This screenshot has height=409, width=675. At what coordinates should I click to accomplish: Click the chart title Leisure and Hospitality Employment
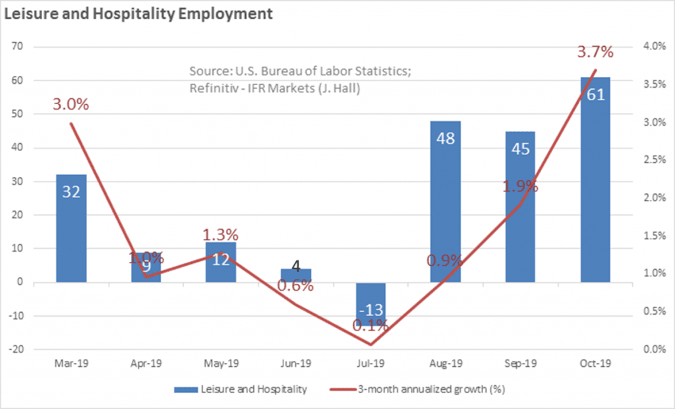click(138, 14)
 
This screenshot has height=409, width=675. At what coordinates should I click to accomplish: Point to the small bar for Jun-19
click(296, 275)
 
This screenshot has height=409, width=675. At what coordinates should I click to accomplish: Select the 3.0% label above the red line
click(71, 104)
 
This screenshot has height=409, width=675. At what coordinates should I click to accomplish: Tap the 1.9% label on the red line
click(520, 187)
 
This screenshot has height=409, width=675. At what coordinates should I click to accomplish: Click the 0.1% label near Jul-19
click(370, 325)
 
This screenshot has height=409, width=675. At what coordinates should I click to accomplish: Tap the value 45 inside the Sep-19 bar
click(520, 148)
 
